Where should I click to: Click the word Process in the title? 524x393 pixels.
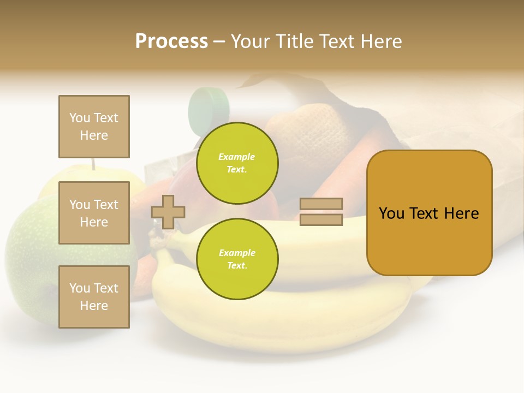[x=171, y=41]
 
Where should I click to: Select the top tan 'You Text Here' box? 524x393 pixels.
[x=94, y=127]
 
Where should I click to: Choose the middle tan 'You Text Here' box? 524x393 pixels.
[x=94, y=213]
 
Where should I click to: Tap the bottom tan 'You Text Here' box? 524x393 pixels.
[x=94, y=297]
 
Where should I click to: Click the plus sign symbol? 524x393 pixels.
[x=168, y=212]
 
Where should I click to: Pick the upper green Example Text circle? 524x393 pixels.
[x=237, y=163]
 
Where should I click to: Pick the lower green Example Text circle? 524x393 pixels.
[x=237, y=259]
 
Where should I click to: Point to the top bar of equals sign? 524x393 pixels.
[x=321, y=204]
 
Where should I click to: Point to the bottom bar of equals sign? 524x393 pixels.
[x=321, y=220]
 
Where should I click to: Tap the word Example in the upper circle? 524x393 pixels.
[x=237, y=157]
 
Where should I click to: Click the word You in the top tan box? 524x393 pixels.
[x=80, y=118]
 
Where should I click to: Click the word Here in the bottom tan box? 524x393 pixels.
[x=94, y=306]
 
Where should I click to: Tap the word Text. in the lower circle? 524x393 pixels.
[x=237, y=265]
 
